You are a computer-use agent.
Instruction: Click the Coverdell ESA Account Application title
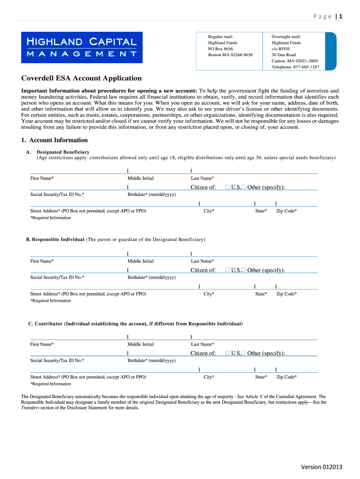coord(81,79)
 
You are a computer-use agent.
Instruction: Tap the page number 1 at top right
coord(341,17)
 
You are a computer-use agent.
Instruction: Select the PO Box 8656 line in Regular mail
coord(221,49)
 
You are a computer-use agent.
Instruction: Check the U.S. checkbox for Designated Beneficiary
coord(227,187)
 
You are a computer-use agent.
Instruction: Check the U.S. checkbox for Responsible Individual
coord(227,270)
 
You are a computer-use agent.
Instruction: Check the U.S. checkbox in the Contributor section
coord(227,353)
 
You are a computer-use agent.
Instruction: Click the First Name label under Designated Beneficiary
coord(42,178)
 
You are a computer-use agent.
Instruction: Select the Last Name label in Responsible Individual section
coord(202,261)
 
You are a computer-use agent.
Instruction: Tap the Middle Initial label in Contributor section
coord(140,344)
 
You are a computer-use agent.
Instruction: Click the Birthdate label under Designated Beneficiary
coord(151,194)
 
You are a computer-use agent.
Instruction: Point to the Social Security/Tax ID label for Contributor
coord(57,360)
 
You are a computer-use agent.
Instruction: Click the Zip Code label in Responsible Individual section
coord(286,294)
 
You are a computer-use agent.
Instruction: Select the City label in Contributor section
coord(209,377)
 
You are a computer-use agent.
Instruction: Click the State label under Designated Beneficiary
coord(261,211)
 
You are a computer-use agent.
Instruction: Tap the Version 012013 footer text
coord(322,466)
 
